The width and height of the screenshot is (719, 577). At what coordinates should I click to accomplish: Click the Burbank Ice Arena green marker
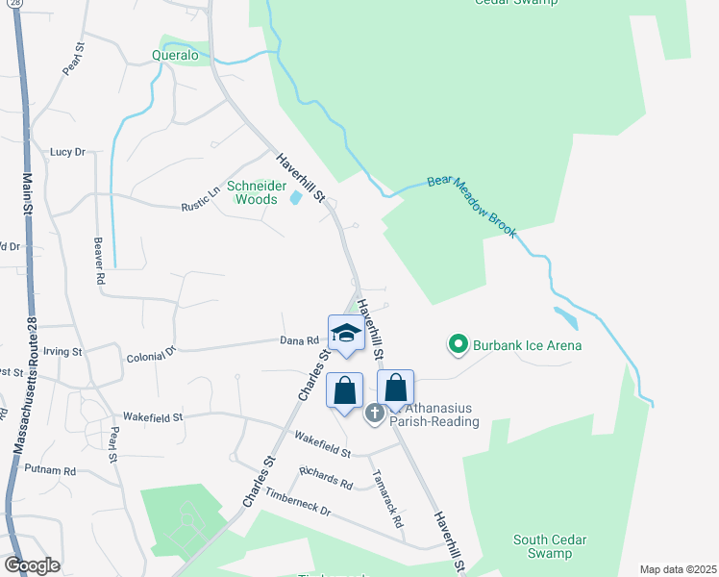click(459, 343)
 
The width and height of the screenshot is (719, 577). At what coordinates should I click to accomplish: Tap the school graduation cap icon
click(345, 334)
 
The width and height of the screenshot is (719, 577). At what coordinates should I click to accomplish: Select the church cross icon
click(375, 413)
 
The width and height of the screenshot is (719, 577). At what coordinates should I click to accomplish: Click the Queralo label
click(175, 56)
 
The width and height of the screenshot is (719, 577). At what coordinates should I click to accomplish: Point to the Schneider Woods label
click(251, 192)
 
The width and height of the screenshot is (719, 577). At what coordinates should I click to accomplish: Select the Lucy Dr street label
click(67, 152)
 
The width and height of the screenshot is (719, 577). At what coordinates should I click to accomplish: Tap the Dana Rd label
click(299, 340)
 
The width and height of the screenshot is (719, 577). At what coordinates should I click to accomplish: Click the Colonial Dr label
click(152, 355)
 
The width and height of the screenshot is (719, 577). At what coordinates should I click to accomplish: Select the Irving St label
click(62, 352)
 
